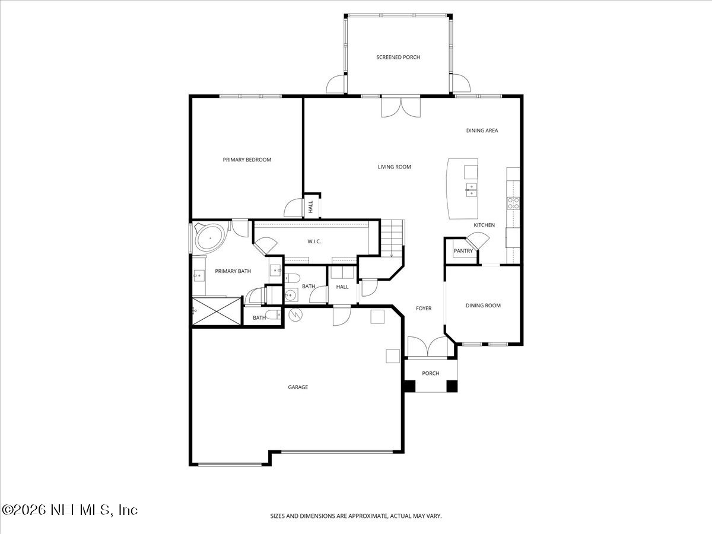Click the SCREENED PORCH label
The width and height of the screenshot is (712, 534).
[x=398, y=58]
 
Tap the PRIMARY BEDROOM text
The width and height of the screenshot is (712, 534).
[x=247, y=160]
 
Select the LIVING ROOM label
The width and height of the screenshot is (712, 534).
[x=394, y=167]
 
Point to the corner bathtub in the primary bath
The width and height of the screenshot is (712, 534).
[x=209, y=237]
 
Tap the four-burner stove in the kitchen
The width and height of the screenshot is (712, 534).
[x=513, y=204]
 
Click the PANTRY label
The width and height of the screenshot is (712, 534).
[x=463, y=251]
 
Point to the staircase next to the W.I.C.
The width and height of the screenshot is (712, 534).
[x=392, y=238]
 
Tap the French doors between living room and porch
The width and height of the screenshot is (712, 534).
[x=401, y=107]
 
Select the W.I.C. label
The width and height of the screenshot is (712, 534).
[x=314, y=241]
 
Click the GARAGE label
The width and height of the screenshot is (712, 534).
[x=298, y=387]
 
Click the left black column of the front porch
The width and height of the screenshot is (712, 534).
[x=409, y=386]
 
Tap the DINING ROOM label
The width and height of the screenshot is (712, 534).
[x=483, y=306]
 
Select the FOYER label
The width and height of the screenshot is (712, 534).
[x=423, y=309]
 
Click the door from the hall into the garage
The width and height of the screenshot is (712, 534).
[x=341, y=315]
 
